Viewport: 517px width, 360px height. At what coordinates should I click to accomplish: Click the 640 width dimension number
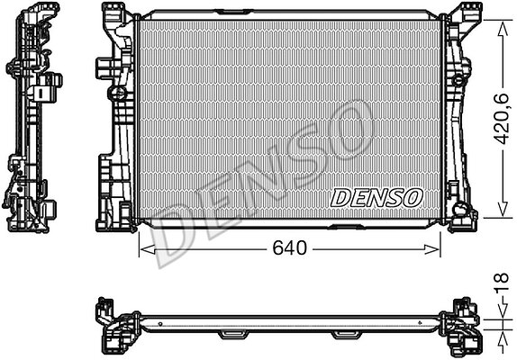(x=289, y=248)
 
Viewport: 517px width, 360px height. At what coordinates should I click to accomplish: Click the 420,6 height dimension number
(x=503, y=119)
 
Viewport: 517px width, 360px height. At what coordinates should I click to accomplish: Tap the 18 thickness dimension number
(x=502, y=283)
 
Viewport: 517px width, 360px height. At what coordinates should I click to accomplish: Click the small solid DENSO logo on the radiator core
(x=376, y=198)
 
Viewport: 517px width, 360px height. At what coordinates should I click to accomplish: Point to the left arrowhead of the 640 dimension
(x=148, y=249)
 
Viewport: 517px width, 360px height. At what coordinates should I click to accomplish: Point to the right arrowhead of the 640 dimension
(x=431, y=249)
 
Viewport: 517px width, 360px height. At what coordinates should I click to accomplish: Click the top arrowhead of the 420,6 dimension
(x=503, y=30)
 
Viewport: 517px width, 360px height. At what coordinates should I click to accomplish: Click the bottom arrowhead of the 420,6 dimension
(x=503, y=209)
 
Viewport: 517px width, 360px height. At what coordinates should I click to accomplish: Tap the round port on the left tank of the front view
(x=117, y=93)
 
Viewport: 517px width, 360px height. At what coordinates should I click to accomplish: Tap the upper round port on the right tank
(x=458, y=80)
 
